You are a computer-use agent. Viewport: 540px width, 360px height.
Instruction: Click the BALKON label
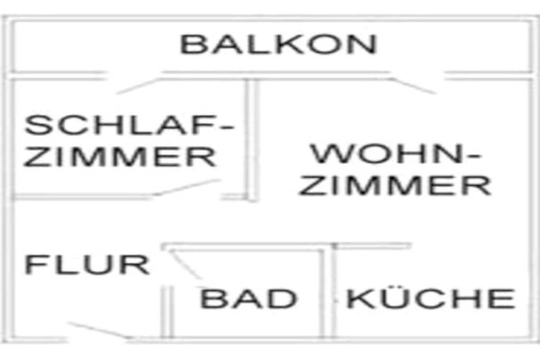click(x=278, y=44)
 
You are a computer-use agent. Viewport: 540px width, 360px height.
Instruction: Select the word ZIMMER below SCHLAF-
click(x=120, y=157)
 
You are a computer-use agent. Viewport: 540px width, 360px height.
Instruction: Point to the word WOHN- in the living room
click(x=396, y=154)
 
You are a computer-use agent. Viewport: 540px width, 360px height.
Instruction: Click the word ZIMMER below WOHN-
click(x=395, y=185)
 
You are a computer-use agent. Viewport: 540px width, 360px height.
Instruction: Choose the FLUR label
click(x=87, y=265)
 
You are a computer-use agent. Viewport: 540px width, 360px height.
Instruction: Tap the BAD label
click(x=248, y=299)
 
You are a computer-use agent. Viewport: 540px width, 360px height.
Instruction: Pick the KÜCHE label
click(x=430, y=299)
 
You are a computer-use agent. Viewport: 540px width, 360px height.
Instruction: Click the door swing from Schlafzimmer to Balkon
click(x=138, y=86)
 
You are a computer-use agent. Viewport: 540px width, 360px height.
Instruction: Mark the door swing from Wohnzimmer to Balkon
click(x=413, y=86)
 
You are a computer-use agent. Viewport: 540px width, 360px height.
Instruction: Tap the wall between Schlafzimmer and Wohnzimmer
click(x=252, y=140)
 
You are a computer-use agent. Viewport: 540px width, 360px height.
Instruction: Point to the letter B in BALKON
click(x=192, y=44)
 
